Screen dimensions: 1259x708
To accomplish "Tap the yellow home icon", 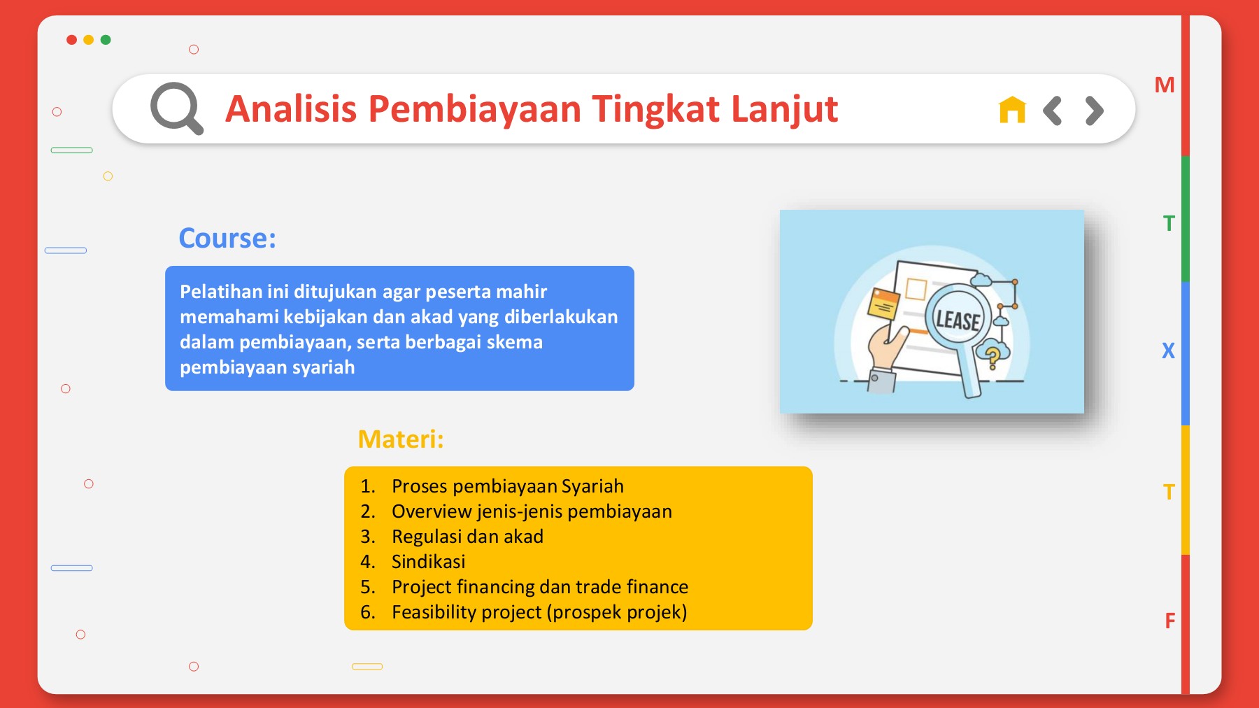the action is pos(1012,110).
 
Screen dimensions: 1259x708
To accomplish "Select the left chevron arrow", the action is pos(1052,110).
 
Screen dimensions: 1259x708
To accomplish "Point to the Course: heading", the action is pos(227,238).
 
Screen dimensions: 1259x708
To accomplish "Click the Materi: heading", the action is pos(401,439).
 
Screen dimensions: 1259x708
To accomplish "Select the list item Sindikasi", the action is pos(429,562).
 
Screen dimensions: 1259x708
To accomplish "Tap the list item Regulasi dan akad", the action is pos(468,537).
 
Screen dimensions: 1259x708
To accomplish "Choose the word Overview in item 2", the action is pos(432,511).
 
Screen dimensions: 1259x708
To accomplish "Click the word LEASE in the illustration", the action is pos(958,320).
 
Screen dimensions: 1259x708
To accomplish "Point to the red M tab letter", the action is pos(1165,85).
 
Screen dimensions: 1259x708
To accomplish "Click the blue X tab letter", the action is pos(1168,351).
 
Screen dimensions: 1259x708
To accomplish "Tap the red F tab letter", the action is pos(1170,621).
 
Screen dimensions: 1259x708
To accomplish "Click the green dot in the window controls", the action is pos(106,40).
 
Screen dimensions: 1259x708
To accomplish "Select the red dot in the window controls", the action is pos(71,40).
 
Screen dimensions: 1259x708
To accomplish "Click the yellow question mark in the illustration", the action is pos(992,356).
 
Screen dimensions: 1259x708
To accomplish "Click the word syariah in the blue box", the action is pos(323,368).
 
